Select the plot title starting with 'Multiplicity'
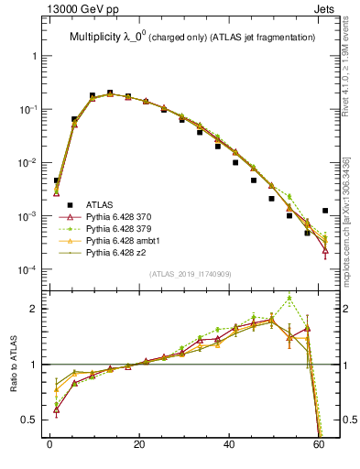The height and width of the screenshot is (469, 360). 192,38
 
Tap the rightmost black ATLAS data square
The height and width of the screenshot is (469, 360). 325,211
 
